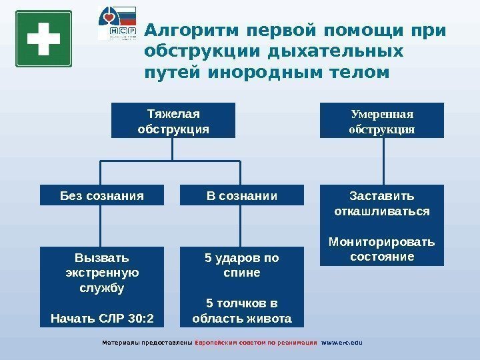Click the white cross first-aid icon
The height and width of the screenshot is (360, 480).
[43, 39]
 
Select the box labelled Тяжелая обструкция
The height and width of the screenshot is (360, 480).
[173, 120]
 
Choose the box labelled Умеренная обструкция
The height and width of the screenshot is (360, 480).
[382, 120]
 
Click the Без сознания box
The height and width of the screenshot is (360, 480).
[101, 196]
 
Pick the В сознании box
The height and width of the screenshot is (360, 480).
[241, 196]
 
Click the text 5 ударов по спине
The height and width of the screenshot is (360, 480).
[241, 265]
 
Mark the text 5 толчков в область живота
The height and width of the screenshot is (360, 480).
[241, 311]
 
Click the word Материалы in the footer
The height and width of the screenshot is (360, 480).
[119, 343]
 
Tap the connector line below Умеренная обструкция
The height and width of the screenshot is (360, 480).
[382, 161]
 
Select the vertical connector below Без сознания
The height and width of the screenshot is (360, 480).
[101, 226]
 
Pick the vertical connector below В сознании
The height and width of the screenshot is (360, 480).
[241, 226]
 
